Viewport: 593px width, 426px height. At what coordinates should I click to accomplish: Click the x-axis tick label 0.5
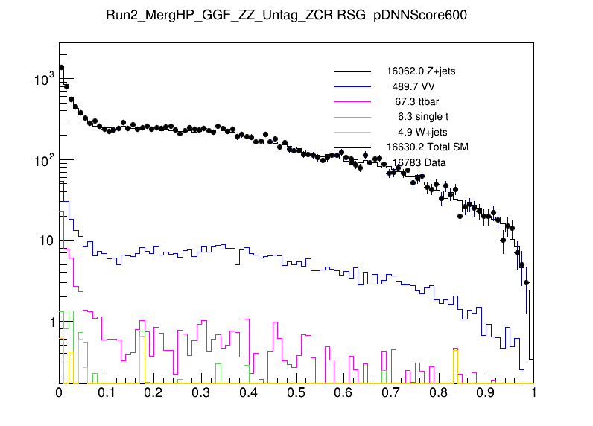click(296, 392)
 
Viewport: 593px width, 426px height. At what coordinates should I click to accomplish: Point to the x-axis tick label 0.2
click(154, 392)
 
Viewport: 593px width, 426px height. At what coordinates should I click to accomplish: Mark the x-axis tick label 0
click(60, 392)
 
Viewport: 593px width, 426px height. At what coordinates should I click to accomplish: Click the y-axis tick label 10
click(45, 241)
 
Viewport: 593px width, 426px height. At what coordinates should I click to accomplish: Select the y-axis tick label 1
click(49, 322)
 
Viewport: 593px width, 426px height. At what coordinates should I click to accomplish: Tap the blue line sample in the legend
click(352, 86)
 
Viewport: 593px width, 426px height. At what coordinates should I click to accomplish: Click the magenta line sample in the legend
click(352, 101)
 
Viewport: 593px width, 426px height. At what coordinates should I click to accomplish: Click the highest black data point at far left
click(61, 68)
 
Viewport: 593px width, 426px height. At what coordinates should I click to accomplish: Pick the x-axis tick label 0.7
click(391, 392)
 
